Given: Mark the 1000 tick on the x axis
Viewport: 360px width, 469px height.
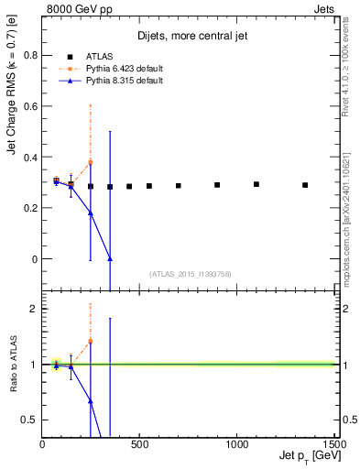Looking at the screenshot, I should coord(236,445).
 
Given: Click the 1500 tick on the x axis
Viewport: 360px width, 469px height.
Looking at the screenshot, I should coord(333,445).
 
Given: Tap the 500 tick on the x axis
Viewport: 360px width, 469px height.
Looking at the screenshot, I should coord(139,445).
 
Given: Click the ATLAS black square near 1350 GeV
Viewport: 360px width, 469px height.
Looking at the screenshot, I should coord(305,185).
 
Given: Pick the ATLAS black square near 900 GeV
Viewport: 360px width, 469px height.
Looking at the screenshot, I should coord(217,185).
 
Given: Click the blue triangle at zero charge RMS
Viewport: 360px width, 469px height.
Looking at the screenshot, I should coord(110,259).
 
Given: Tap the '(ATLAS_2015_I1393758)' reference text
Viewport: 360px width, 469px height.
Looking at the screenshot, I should coord(190,273).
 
